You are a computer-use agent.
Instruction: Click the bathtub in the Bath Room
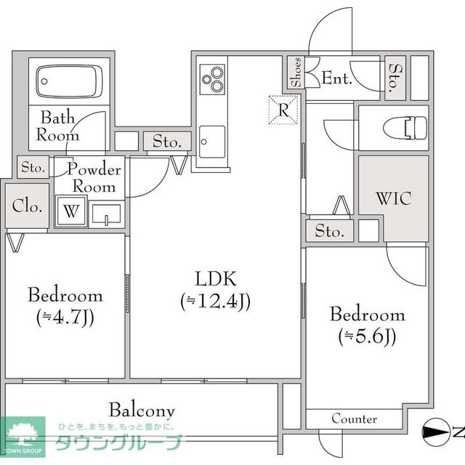pos(69,81)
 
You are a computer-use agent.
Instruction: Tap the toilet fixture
pos(405,128)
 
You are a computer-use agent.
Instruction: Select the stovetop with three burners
pos(212,79)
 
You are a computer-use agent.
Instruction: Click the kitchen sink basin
pos(211,142)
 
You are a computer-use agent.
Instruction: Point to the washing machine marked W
pos(71,211)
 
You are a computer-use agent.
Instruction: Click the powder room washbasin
pos(106,214)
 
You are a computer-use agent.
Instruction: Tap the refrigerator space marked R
pos(283,110)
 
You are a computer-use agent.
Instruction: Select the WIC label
pos(394,198)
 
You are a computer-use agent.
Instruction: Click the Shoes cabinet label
pos(296,73)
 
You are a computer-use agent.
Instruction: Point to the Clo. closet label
pos(27,206)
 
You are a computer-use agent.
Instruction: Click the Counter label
pos(355,418)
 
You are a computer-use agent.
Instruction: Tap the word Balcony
pos(142,411)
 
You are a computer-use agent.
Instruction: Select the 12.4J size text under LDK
pos(216,301)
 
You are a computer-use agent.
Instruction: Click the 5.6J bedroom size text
pos(367,336)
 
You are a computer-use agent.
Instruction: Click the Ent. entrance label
pos(337,78)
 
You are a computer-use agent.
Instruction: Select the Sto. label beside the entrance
pos(395,78)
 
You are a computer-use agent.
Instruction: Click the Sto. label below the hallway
pos(329,231)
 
